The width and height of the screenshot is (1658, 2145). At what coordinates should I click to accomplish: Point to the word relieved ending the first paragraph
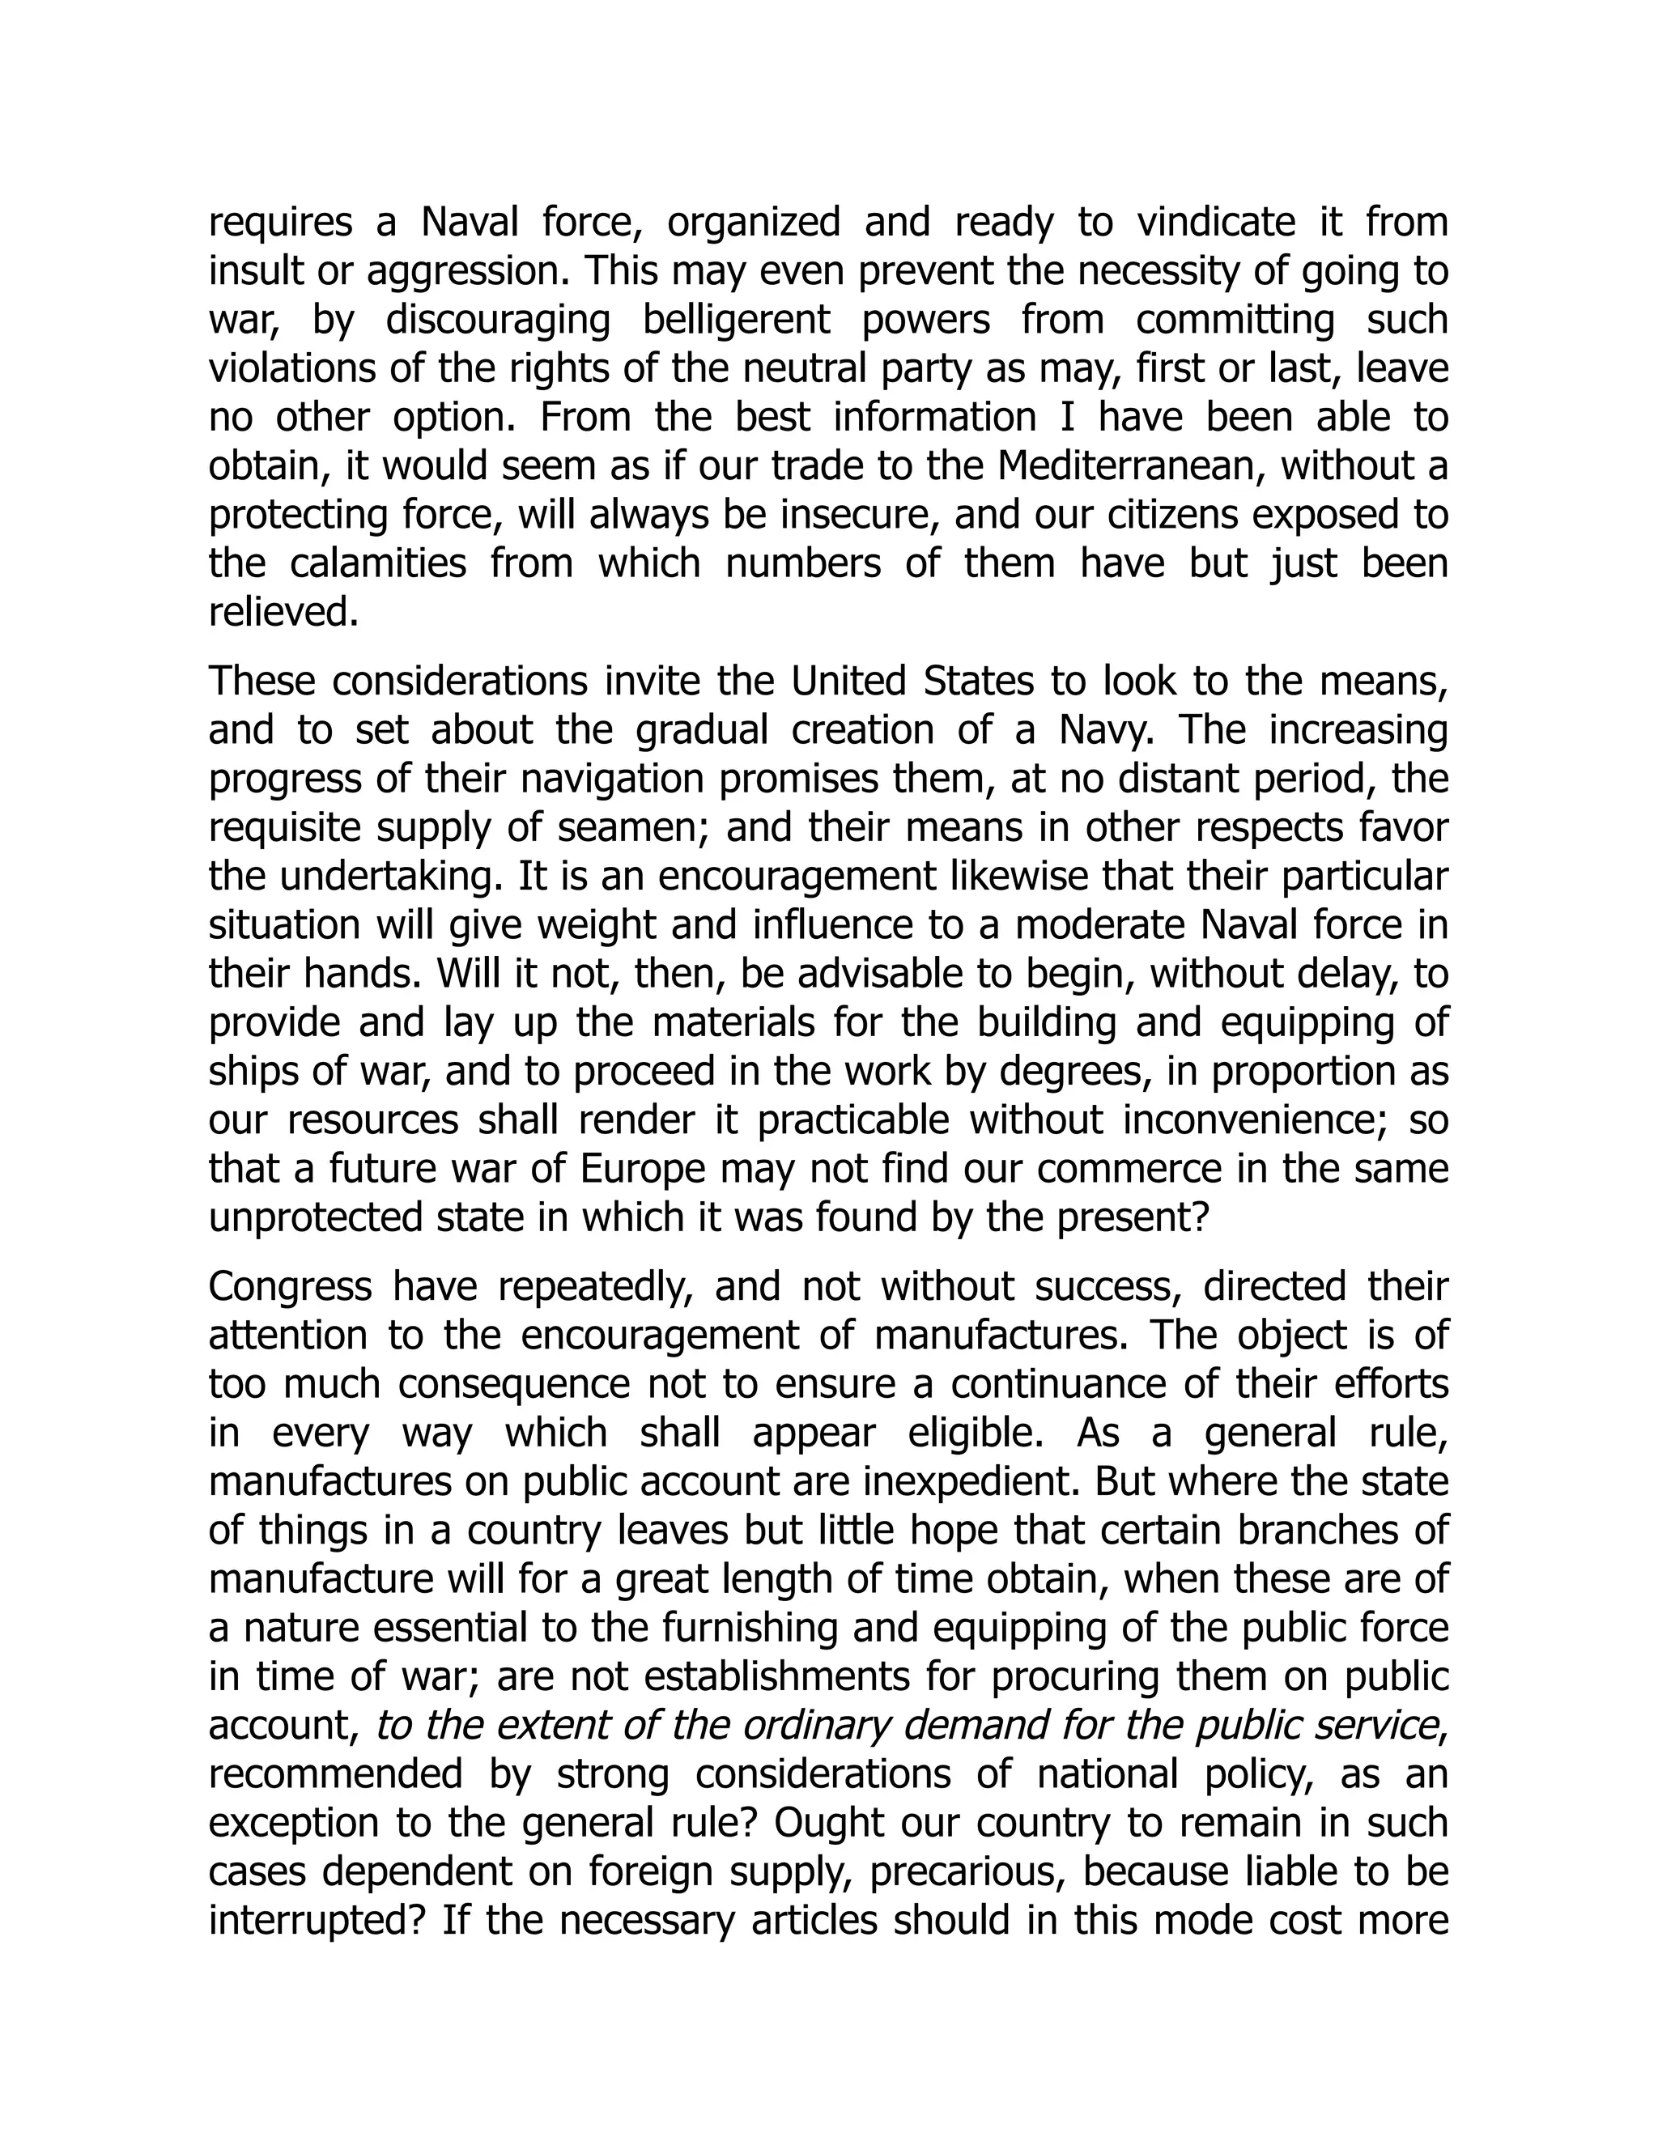coord(281,613)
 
